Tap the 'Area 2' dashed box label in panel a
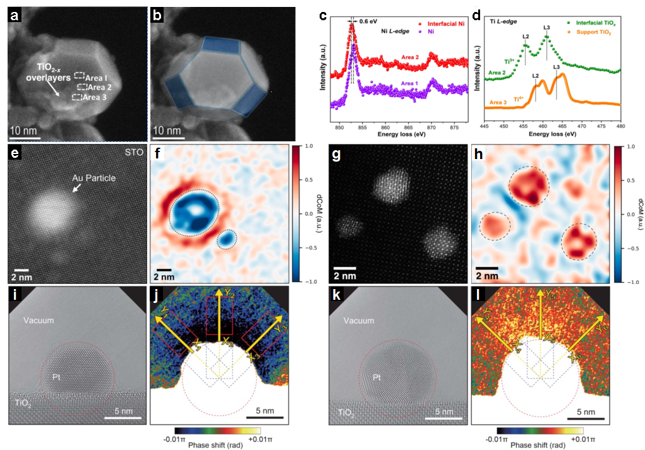click(99, 87)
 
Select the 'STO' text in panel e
click(132, 151)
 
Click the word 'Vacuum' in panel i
click(40, 321)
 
